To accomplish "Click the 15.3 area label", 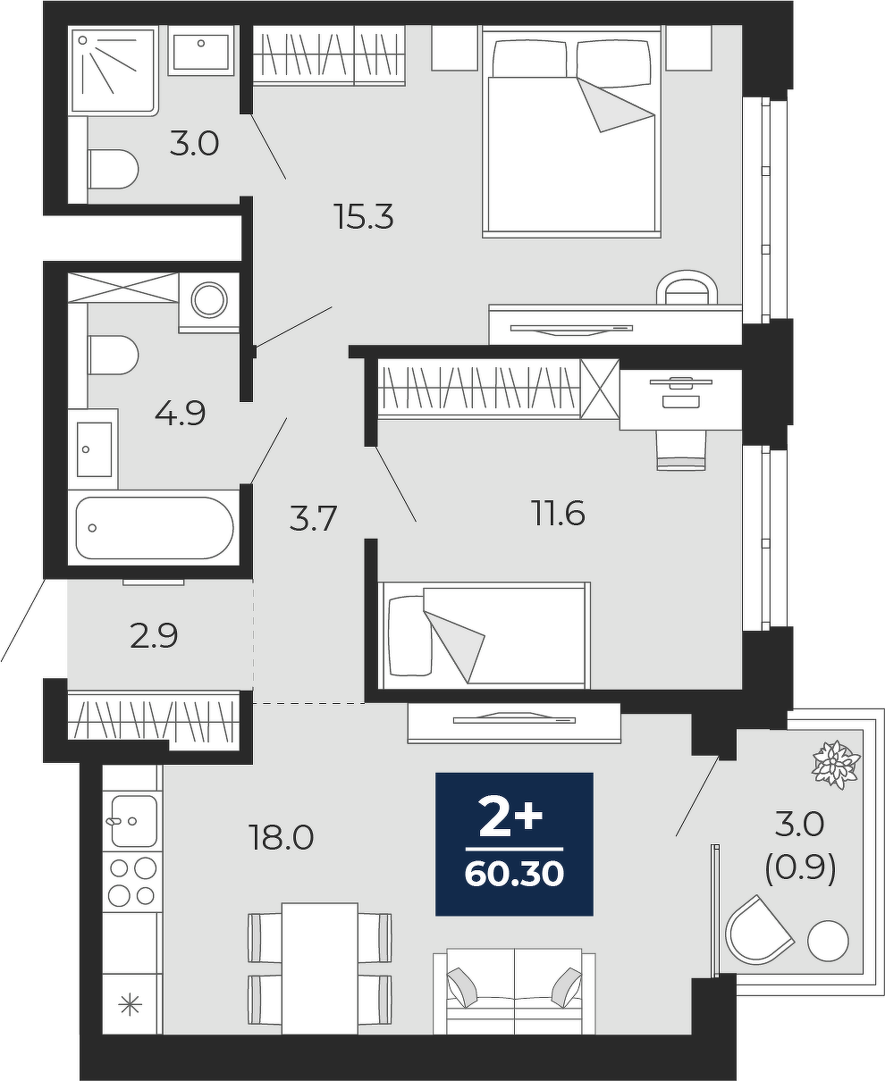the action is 363,216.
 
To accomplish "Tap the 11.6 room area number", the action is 559,514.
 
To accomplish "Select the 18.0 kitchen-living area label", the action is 281,837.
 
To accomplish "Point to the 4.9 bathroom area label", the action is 180,413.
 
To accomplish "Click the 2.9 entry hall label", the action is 154,636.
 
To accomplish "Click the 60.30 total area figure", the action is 514,875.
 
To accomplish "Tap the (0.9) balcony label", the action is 800,868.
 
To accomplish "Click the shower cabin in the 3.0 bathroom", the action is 114,71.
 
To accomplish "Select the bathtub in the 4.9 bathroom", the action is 155,528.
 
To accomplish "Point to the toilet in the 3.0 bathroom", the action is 113,169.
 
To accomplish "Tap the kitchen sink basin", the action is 134,821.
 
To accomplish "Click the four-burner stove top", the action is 132,882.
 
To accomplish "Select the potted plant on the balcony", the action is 835,765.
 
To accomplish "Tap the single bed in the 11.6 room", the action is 485,635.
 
